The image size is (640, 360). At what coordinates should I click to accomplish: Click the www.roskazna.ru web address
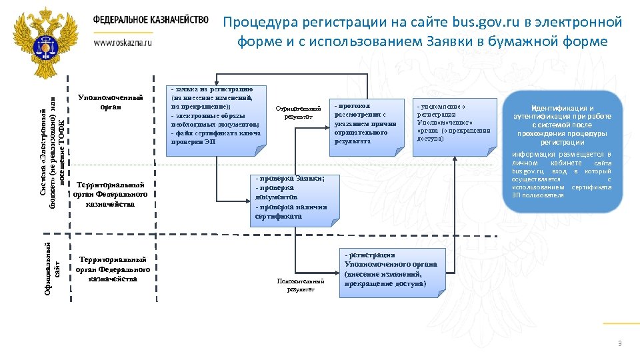point(123,41)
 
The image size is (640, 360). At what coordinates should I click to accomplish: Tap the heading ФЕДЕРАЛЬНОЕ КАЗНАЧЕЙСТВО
point(151,20)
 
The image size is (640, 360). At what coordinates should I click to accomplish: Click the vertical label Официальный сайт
point(52,269)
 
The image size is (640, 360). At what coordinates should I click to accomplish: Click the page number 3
point(620,343)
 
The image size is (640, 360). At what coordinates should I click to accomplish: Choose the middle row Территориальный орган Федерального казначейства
point(111,193)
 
